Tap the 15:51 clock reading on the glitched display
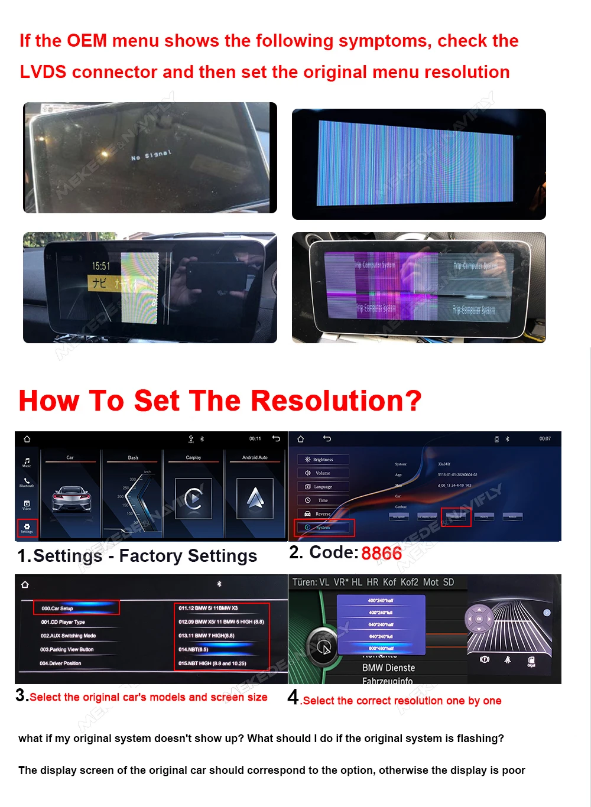click(100, 266)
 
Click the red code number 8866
click(381, 554)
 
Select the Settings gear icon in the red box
click(27, 527)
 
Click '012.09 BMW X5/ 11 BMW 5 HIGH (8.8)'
click(221, 621)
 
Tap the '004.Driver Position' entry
click(60, 663)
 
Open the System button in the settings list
click(323, 527)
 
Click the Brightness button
click(323, 459)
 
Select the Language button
click(323, 487)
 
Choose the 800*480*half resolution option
click(381, 648)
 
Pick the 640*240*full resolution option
click(381, 636)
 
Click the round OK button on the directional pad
click(479, 619)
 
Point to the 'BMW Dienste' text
click(388, 668)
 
